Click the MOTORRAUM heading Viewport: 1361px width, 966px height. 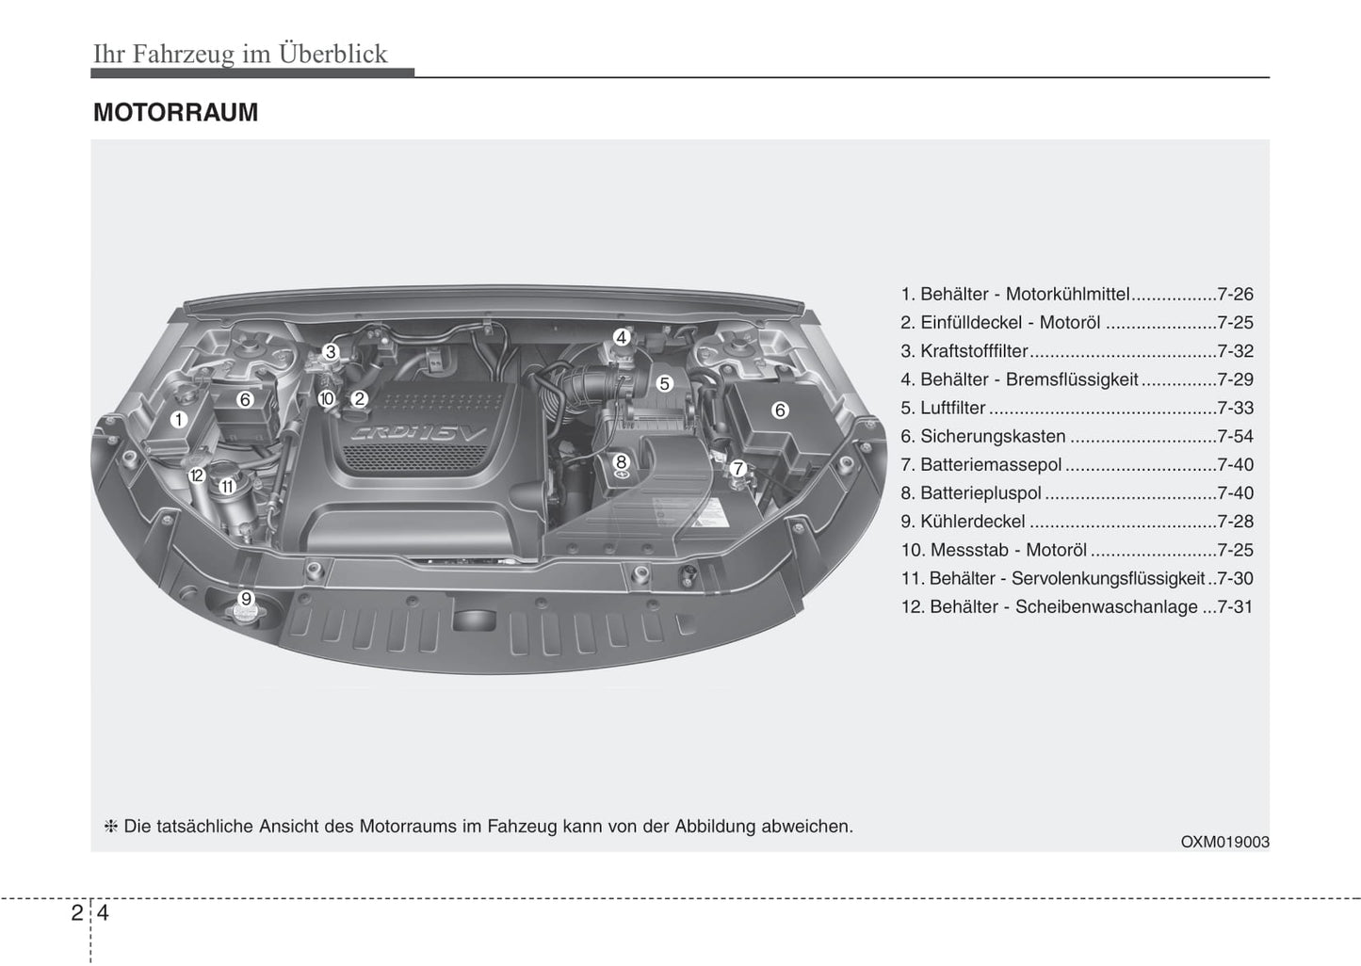(x=175, y=112)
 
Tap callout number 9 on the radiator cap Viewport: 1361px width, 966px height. (x=246, y=599)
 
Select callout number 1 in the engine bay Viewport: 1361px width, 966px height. (x=179, y=420)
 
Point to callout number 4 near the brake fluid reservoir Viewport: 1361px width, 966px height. (x=621, y=337)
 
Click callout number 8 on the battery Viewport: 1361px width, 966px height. (x=621, y=461)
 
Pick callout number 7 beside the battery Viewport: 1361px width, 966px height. (x=738, y=469)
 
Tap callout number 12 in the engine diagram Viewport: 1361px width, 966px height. (x=196, y=475)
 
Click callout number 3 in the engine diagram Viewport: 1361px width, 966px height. (x=331, y=352)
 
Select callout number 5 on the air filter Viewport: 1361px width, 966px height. (x=665, y=384)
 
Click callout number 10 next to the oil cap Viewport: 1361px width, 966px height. (x=327, y=398)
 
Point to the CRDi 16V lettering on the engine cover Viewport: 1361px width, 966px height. (x=419, y=434)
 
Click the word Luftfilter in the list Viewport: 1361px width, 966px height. (x=953, y=408)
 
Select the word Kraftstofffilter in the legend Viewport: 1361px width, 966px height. (x=974, y=351)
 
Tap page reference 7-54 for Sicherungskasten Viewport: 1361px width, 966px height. (x=1235, y=436)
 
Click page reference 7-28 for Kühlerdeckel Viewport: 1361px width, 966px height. (x=1235, y=522)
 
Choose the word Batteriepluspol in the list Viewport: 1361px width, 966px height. (x=980, y=493)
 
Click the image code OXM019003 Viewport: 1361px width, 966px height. (x=1224, y=842)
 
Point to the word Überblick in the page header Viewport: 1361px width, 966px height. (x=333, y=54)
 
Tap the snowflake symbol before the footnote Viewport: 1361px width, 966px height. (x=110, y=827)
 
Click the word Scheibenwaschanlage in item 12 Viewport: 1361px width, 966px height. (x=1107, y=607)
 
